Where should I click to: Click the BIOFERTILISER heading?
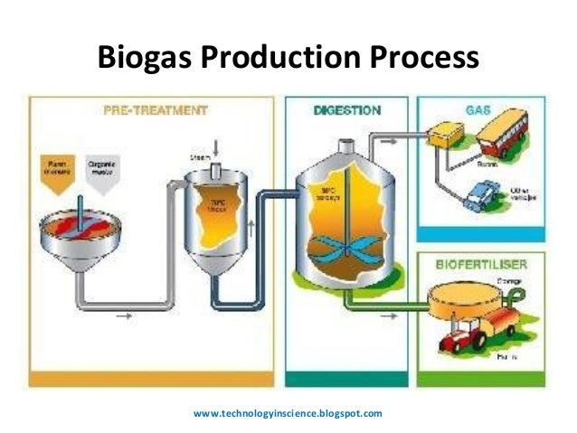point(478,266)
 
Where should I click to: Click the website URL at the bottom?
point(288,413)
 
